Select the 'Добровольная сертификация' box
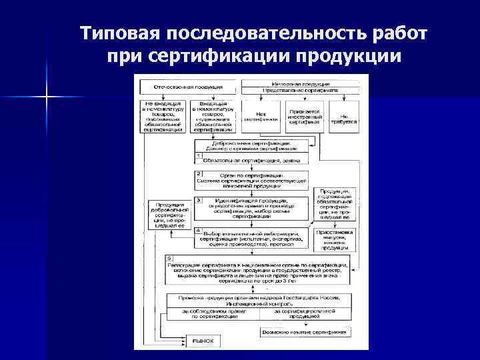pyautogui.click(x=251, y=146)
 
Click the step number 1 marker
pyautogui.click(x=199, y=156)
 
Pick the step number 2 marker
pyautogui.click(x=199, y=173)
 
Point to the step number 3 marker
pyautogui.click(x=199, y=200)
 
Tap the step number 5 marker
pyautogui.click(x=169, y=257)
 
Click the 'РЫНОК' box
pyautogui.click(x=204, y=340)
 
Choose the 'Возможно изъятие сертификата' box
pyautogui.click(x=304, y=331)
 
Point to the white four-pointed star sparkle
pyautogui.click(x=45, y=98)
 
